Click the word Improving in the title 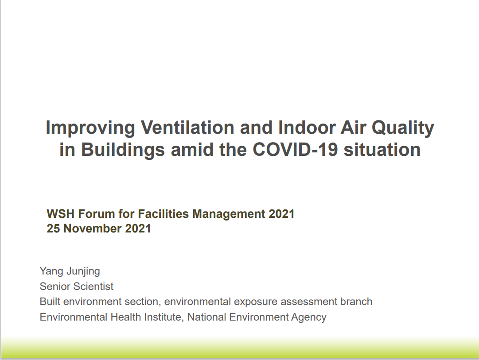pos(90,128)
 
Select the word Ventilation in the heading pos(187,127)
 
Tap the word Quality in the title pos(403,128)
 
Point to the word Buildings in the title pos(123,150)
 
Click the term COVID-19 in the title pos(296,150)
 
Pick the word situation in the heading pos(382,150)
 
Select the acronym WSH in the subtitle pos(61,214)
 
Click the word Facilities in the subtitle pos(164,214)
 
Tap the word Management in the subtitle pos(229,214)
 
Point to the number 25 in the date pos(53,228)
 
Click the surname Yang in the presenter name pos(51,271)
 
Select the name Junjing pos(83,271)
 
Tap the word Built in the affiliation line pos(50,302)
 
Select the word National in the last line pos(207,317)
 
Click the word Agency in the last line pos(309,317)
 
